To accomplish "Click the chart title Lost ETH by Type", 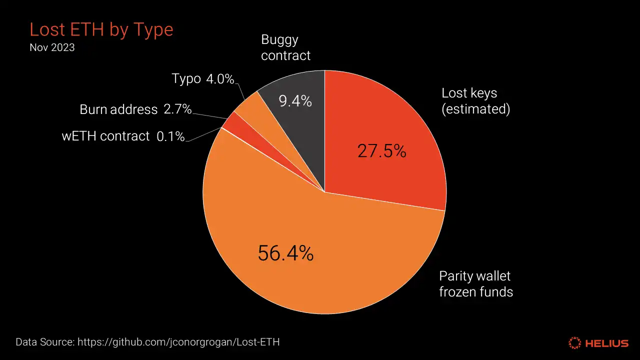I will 101,29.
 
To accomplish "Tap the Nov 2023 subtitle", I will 52,48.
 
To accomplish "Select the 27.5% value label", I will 381,150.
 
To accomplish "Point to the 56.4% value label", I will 285,253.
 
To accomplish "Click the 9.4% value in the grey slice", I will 295,101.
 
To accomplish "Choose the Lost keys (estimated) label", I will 475,100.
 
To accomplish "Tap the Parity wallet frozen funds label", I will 475,283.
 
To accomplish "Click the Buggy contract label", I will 285,47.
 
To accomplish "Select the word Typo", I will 186,79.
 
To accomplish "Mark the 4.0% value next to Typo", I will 220,79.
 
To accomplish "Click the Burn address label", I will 118,109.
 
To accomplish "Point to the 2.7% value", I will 177,109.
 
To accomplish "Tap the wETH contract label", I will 105,136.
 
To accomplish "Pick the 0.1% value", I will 170,136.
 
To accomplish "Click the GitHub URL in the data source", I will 178,342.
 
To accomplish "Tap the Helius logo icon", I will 575,343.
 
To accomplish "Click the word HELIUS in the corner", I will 607,343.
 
